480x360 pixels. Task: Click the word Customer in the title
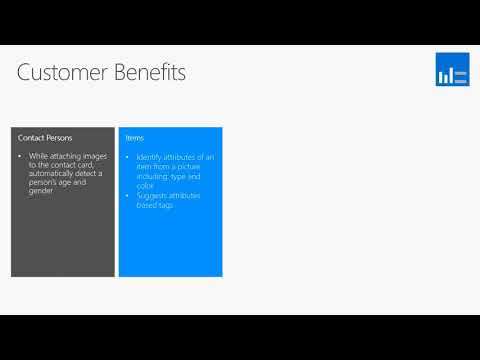coord(61,73)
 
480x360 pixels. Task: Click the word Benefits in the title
coord(147,73)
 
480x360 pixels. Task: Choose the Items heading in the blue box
coord(134,136)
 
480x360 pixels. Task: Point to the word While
coord(40,157)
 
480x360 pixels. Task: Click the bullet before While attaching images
coord(21,157)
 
